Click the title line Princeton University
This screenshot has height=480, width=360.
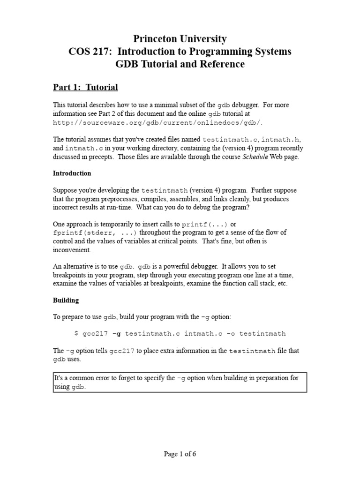(x=180, y=39)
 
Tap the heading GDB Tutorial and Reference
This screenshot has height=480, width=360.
(x=180, y=64)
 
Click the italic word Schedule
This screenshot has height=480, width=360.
(x=255, y=157)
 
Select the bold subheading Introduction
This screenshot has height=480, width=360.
(x=72, y=173)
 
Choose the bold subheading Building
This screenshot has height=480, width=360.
(x=66, y=300)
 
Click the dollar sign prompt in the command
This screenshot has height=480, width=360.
(x=77, y=334)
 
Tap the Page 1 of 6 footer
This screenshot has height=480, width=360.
(x=180, y=454)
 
